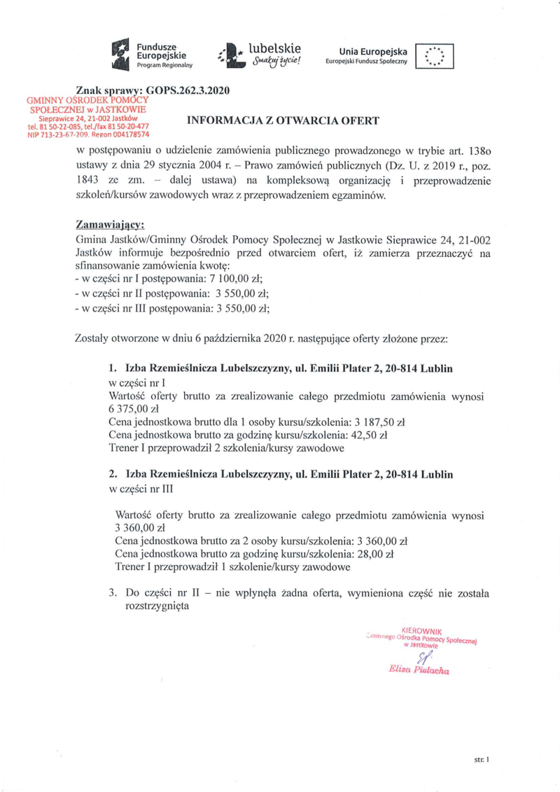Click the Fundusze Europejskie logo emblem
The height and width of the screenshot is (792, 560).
tap(122, 55)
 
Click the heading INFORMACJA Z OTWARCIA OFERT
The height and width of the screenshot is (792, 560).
tap(283, 121)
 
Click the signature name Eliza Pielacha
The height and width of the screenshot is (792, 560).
tap(418, 670)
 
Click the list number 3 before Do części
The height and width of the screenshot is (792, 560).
tap(112, 592)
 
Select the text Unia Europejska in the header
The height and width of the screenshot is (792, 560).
tap(373, 52)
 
